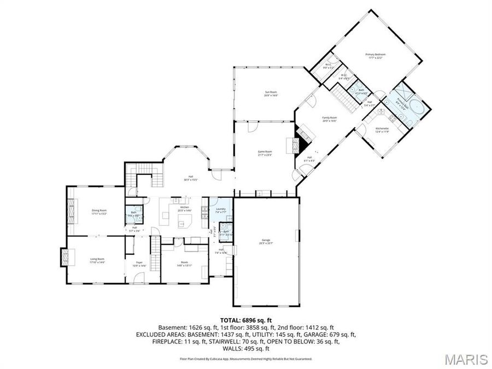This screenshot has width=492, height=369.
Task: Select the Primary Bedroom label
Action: tap(376, 55)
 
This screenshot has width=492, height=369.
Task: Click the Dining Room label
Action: tap(99, 211)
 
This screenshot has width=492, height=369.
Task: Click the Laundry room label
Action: tap(221, 209)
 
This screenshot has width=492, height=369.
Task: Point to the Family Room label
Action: tap(329, 119)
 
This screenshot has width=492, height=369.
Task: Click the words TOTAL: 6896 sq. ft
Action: tap(246, 320)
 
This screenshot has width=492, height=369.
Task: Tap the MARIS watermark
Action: tap(466, 359)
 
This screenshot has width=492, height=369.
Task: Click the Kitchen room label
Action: tap(185, 208)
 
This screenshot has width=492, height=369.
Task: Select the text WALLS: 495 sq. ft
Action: tap(246, 348)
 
